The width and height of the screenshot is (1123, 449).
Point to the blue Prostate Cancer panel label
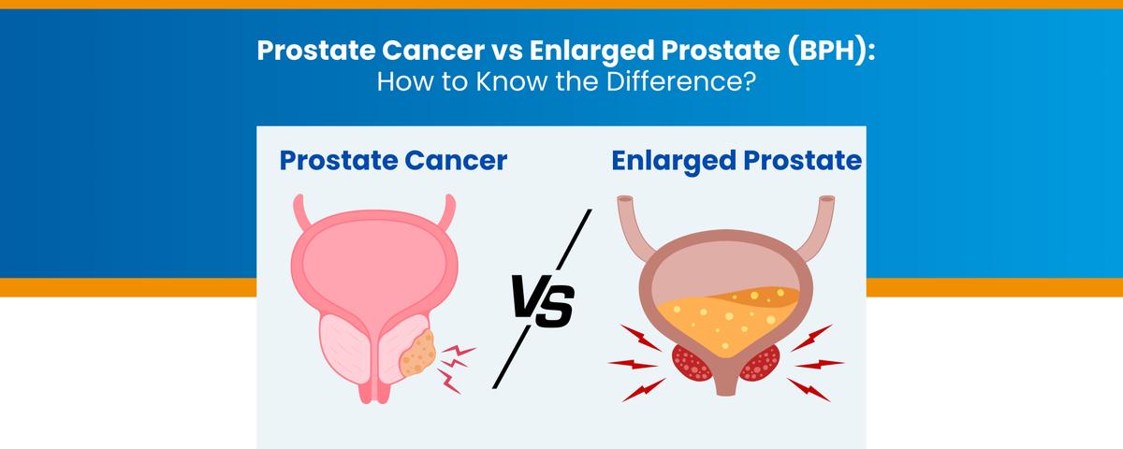393,161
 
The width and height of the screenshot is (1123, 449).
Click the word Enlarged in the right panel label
667,161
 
